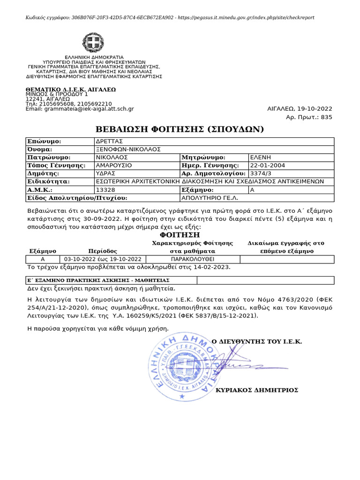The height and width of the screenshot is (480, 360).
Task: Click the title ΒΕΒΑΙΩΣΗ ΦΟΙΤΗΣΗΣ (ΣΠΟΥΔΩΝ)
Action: pos(180,129)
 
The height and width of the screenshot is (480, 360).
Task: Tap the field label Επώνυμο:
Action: pos(45,141)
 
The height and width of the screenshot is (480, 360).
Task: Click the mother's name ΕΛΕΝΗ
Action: pos(261,157)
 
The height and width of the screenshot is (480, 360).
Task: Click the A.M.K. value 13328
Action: pos(105,190)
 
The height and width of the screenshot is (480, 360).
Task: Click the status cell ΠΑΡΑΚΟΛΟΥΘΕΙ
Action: pos(193,259)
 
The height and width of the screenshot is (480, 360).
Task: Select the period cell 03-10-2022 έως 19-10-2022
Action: pos(103,259)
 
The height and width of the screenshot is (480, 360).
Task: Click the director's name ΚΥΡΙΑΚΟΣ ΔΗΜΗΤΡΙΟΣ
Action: pos(256,390)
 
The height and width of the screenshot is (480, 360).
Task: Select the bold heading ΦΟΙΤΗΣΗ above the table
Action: pos(180,234)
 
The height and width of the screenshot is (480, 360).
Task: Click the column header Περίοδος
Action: pos(103,251)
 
